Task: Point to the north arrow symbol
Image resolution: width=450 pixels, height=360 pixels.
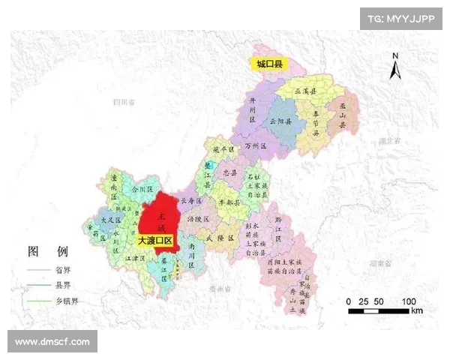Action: tap(395, 67)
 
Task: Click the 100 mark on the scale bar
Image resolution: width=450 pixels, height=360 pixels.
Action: tap(409, 301)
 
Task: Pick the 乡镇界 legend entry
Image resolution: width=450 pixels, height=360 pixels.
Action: tap(65, 301)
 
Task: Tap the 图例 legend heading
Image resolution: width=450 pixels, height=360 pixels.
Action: tap(48, 250)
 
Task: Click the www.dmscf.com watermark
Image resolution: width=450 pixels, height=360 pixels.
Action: tap(52, 342)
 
